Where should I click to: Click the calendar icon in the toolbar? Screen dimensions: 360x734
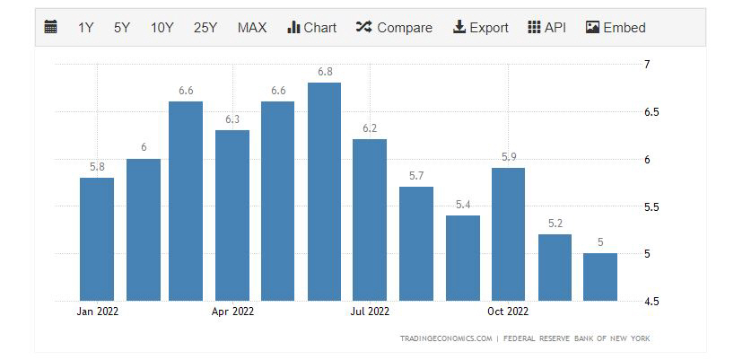[x=51, y=27]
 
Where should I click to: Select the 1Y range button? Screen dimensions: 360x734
[x=86, y=27]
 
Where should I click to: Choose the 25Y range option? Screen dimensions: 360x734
[x=205, y=27]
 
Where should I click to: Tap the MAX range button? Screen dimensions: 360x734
[x=252, y=27]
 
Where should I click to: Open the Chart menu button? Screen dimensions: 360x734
[x=311, y=27]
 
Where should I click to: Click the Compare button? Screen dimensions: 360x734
[x=394, y=27]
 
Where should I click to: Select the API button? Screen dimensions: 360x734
[x=547, y=27]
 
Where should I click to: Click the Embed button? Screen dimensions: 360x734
[x=616, y=27]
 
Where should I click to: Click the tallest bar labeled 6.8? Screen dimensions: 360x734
[x=324, y=191]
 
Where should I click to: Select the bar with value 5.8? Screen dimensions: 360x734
[x=97, y=239]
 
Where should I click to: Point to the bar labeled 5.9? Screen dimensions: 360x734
[x=509, y=233]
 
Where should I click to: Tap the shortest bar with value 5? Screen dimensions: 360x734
[x=600, y=277]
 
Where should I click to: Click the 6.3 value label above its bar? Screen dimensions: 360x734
[x=232, y=119]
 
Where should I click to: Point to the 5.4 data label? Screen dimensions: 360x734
[x=463, y=205]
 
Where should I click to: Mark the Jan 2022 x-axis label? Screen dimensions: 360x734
[x=97, y=312]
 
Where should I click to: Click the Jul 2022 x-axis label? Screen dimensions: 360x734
[x=370, y=312]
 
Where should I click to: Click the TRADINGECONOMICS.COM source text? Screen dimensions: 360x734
[x=447, y=338]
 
